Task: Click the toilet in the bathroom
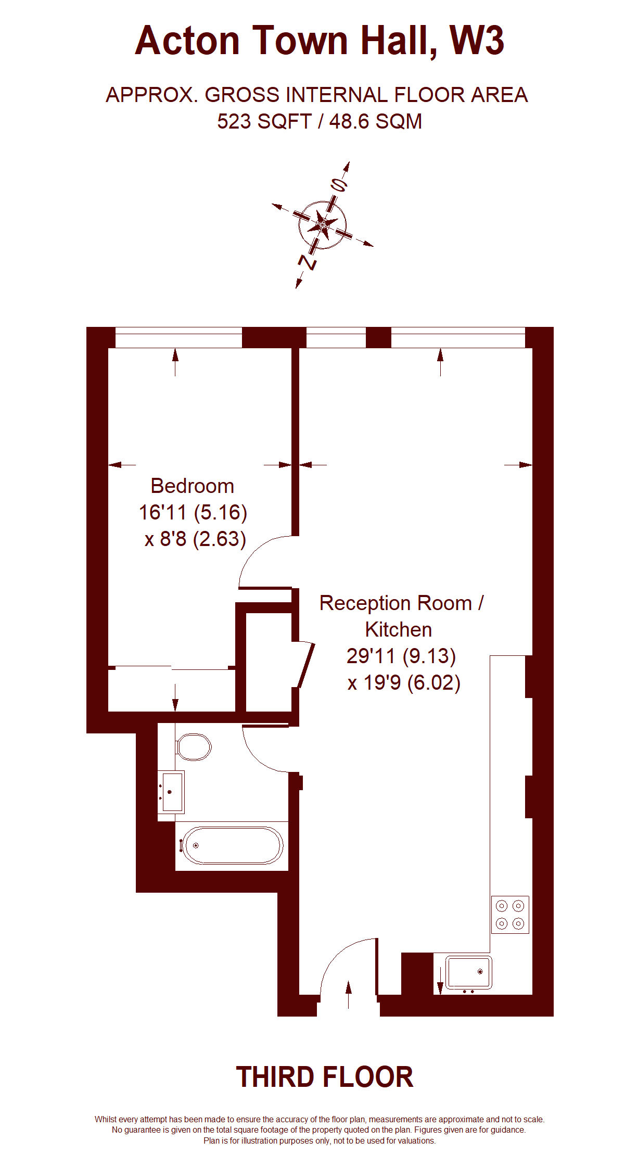(194, 747)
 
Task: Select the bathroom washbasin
(171, 792)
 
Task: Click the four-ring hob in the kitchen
(510, 914)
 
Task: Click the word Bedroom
(193, 486)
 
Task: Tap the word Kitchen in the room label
(399, 629)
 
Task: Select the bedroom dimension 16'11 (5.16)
(193, 512)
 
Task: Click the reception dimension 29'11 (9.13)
(401, 656)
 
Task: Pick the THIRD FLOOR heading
(325, 1077)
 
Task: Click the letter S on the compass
(339, 185)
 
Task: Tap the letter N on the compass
(308, 262)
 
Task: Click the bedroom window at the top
(178, 337)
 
